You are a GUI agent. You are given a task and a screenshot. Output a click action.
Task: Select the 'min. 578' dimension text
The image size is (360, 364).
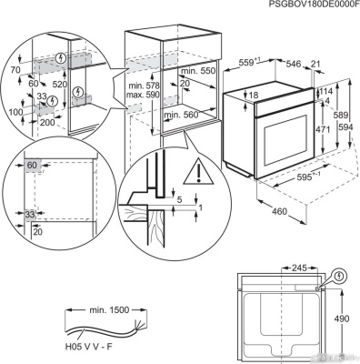tap(144, 86)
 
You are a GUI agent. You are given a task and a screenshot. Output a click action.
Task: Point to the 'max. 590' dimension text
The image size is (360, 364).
tap(144, 95)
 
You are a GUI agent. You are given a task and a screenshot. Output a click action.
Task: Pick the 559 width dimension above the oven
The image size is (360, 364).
tap(257, 64)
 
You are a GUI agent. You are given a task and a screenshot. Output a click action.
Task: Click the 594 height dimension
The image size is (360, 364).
tap(345, 126)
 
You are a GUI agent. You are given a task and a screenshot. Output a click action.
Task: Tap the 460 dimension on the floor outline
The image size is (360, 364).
tap(278, 212)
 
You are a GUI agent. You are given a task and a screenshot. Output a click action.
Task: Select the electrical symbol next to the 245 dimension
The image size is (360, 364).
tap(339, 275)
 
